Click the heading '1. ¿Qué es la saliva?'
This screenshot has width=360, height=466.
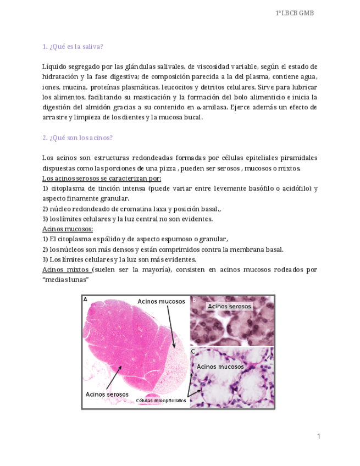tap(73, 46)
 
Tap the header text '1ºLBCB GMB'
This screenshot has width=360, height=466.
tap(294, 13)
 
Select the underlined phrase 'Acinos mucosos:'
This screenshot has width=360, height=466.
tap(68, 229)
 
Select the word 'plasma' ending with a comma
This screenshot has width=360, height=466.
tap(287, 76)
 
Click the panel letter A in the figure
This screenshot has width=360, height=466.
tap(85, 299)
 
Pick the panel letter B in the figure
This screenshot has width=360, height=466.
tap(194, 299)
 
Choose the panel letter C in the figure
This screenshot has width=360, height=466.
tap(193, 351)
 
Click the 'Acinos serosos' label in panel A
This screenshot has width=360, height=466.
tap(107, 394)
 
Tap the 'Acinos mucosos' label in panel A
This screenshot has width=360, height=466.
tap(162, 301)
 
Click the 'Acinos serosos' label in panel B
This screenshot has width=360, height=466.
tap(229, 306)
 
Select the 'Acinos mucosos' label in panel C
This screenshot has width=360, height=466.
tap(220, 367)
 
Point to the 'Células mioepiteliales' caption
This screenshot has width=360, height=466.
tap(161, 401)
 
